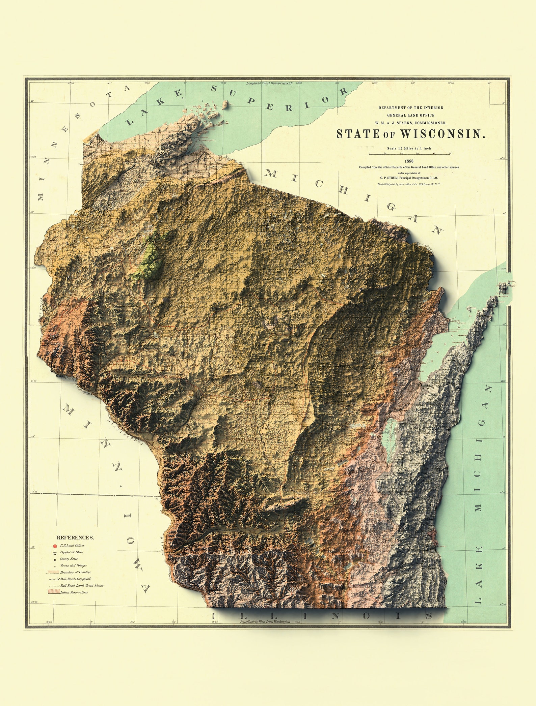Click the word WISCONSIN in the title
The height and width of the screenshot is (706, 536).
coord(443,134)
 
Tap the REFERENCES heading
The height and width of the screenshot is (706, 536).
coord(75,538)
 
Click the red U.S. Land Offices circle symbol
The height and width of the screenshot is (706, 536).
coord(55,546)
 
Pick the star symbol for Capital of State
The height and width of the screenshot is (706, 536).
coord(55,553)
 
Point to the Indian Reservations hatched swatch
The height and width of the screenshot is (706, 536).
coord(54,592)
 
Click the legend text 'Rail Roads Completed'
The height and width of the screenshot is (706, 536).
coord(75,579)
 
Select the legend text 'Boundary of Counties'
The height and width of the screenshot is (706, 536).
coord(75,572)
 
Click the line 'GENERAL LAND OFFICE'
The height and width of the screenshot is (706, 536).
coord(410,115)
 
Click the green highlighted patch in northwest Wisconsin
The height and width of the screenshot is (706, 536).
coord(150,258)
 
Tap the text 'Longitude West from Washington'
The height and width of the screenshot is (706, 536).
coord(265,621)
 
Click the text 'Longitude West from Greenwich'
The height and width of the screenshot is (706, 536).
coord(269,83)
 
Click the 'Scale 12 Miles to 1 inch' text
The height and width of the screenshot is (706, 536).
coord(409,148)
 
